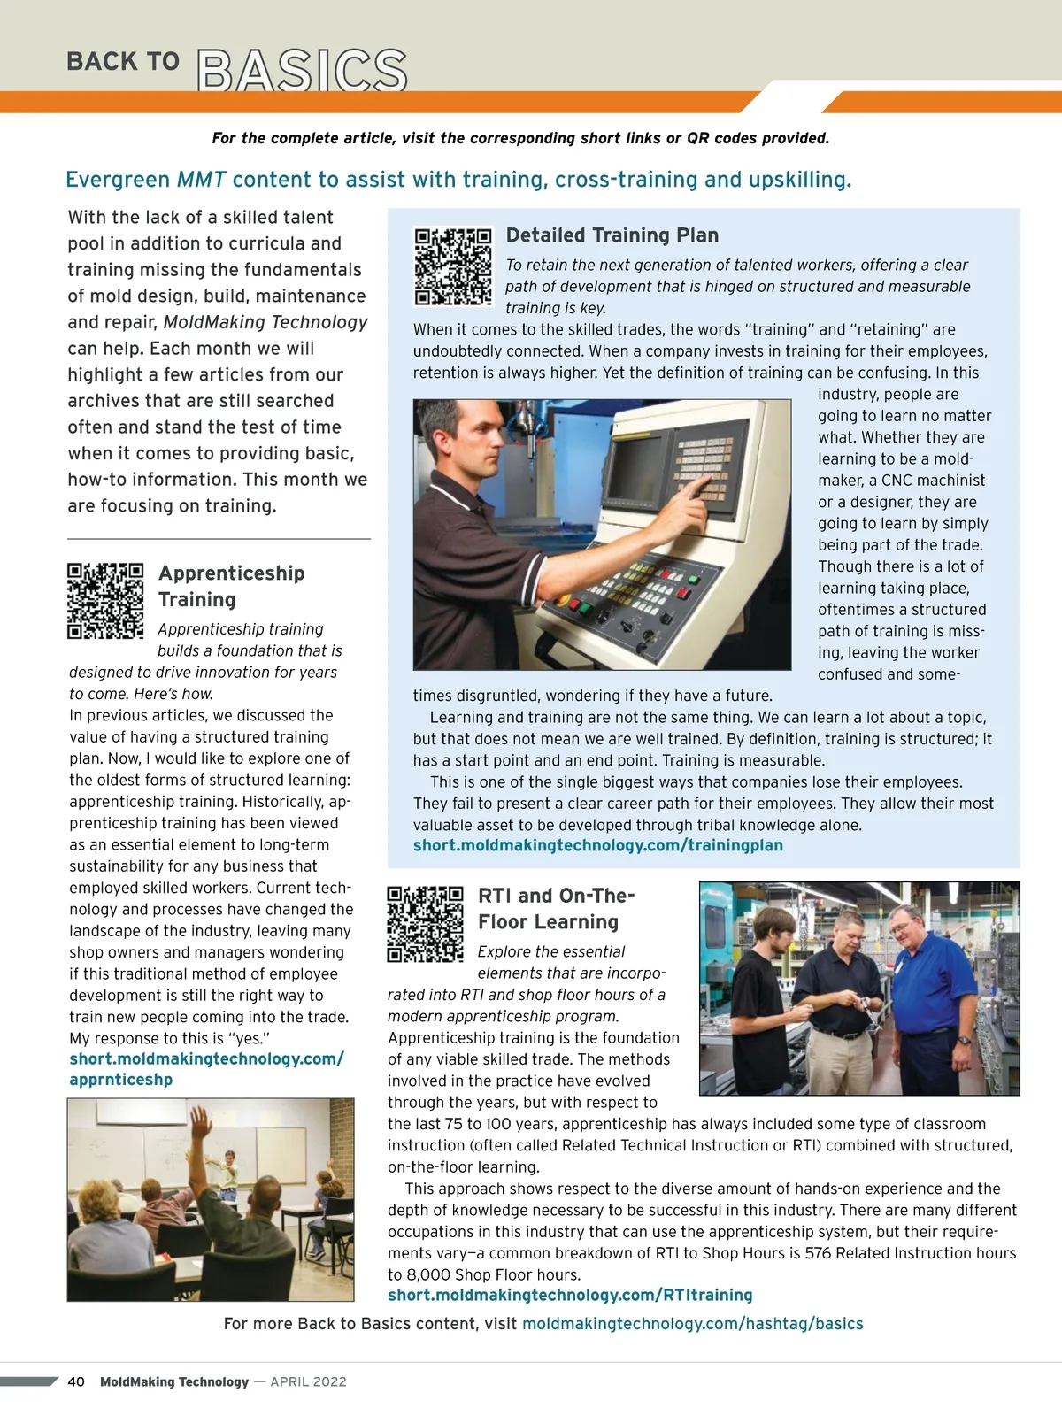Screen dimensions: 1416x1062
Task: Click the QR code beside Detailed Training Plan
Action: point(453,266)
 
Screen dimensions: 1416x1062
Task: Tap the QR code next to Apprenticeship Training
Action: point(105,601)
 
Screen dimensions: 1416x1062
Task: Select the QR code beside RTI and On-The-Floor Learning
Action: point(425,924)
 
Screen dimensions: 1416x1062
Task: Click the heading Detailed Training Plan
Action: point(612,235)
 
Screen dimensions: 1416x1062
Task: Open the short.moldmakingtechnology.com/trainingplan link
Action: point(597,845)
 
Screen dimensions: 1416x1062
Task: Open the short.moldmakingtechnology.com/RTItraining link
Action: point(570,1295)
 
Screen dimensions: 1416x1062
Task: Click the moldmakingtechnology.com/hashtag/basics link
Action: point(692,1324)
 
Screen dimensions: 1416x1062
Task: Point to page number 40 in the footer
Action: point(76,1381)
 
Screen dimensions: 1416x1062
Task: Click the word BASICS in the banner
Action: point(302,71)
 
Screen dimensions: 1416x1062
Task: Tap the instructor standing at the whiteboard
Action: point(230,1173)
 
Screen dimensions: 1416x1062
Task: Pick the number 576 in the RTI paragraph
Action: point(818,1253)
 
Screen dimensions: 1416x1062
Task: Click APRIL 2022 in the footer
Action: point(308,1381)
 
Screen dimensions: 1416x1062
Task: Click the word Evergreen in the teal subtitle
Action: point(118,180)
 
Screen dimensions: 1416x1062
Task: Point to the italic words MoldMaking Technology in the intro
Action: point(265,322)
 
